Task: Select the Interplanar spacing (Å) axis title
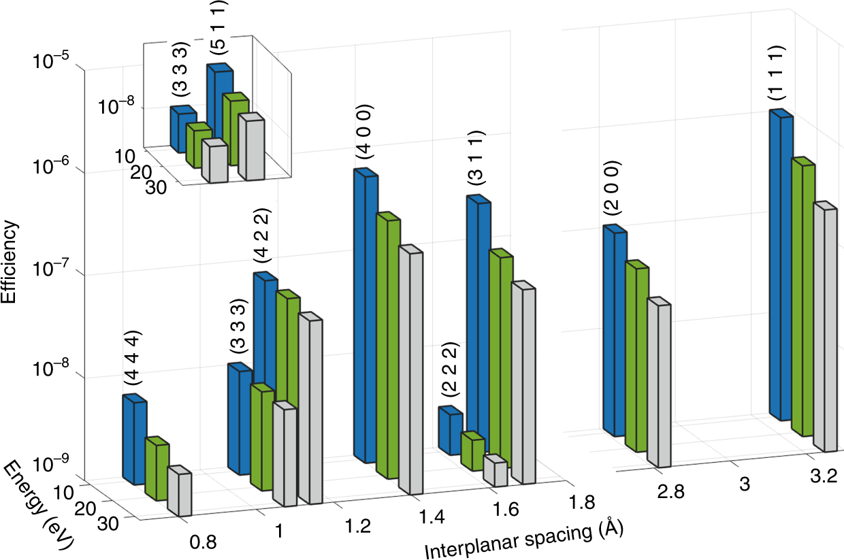coord(523,538)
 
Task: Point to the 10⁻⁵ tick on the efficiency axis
coord(48,62)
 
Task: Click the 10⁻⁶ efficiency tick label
coord(48,165)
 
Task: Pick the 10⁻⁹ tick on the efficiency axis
coord(48,465)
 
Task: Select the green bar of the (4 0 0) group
coord(387,347)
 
